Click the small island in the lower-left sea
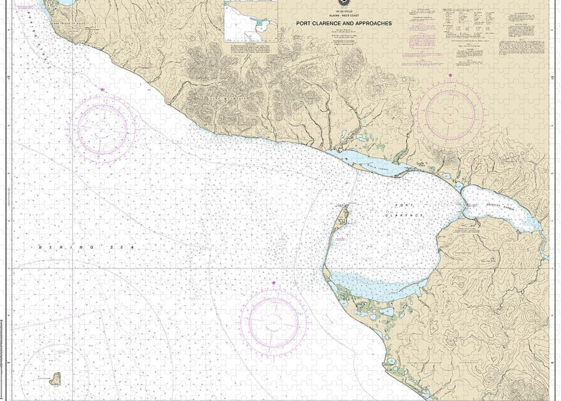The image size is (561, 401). coord(56,379)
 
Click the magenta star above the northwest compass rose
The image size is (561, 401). coord(102,90)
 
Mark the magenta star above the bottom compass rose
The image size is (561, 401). coord(274,283)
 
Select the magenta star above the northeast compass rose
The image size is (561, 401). coord(450,75)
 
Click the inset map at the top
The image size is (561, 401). coord(251,21)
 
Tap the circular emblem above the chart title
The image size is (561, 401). coord(341,3)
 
